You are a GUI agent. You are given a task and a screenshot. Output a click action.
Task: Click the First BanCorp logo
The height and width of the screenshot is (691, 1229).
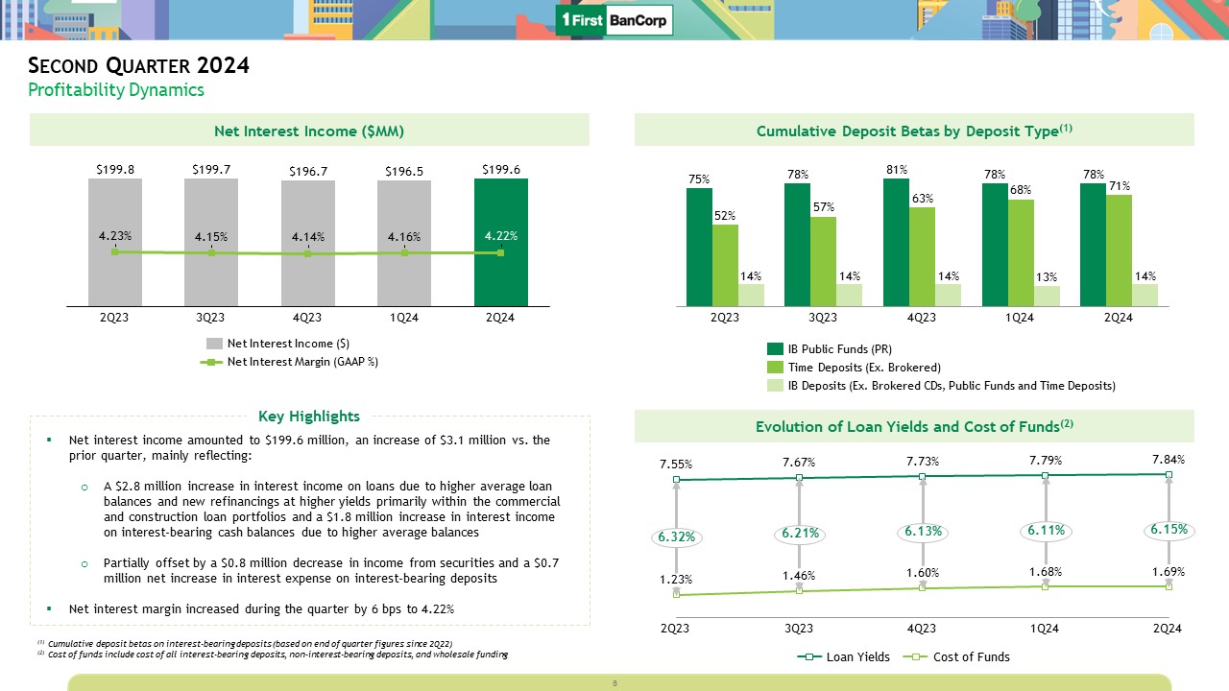point(614,20)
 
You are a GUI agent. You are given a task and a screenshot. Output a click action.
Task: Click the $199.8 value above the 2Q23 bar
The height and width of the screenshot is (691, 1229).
point(115,169)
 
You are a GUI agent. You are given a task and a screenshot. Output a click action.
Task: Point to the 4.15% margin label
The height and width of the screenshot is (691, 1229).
point(211,236)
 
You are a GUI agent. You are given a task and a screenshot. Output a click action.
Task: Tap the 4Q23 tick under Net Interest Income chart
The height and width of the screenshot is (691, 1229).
point(307,319)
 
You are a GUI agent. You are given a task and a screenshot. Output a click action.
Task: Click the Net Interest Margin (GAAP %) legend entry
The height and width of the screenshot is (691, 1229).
point(302,362)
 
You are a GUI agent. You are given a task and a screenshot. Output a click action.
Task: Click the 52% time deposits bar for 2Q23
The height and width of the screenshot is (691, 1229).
point(725,265)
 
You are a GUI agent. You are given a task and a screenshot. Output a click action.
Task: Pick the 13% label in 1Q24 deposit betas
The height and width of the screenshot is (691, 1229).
point(1046,277)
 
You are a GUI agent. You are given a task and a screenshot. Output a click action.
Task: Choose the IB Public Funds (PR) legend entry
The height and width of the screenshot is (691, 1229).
point(839,349)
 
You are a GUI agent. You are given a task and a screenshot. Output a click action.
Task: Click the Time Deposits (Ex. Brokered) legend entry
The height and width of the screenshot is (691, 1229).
point(864,368)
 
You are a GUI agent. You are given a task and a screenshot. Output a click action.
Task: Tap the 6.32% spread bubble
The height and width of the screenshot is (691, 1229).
point(676,538)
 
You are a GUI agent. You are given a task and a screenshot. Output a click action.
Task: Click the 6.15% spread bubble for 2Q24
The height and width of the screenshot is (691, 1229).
point(1168,529)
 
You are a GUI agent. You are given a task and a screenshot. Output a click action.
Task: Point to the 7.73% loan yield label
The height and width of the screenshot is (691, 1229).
point(922,462)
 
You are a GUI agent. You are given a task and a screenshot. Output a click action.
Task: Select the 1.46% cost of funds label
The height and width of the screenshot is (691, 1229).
point(799,576)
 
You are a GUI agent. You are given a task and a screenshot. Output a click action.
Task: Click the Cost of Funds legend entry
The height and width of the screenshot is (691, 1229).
point(972,657)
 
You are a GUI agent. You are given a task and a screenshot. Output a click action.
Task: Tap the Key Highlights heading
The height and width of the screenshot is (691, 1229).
point(309,417)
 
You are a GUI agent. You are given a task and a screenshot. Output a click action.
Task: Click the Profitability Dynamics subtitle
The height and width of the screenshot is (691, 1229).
point(116,90)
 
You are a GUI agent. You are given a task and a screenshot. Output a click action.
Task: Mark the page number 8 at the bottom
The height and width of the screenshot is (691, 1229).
point(614,683)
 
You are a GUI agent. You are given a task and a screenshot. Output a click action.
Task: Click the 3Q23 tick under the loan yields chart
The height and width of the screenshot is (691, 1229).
point(799,629)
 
